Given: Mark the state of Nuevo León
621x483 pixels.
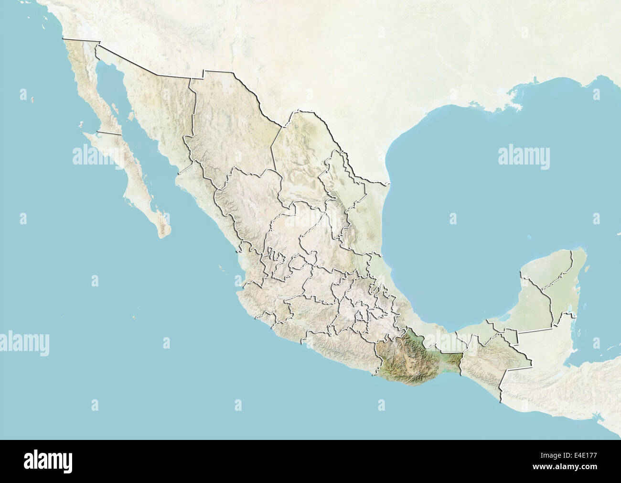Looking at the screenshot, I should click(334, 187).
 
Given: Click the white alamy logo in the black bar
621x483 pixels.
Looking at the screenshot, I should click(48, 461).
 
